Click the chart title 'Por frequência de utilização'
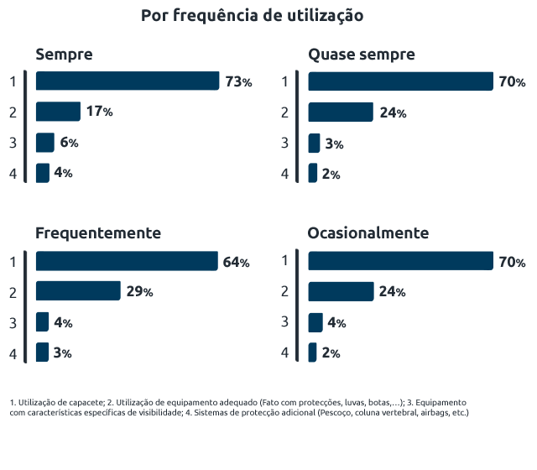(x=251, y=16)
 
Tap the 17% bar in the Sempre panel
(x=58, y=112)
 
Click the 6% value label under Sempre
(x=69, y=143)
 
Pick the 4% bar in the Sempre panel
(x=42, y=173)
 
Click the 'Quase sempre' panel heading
(x=361, y=55)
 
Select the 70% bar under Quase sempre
(x=400, y=81)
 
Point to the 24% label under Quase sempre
(x=392, y=112)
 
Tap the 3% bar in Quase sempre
(x=314, y=144)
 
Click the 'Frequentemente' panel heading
(x=98, y=232)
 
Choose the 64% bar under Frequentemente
(x=126, y=262)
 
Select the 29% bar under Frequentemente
(x=78, y=291)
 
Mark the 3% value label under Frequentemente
(x=62, y=353)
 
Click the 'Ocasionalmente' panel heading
(x=368, y=232)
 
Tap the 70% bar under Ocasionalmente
(x=400, y=262)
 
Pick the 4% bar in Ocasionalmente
(x=315, y=322)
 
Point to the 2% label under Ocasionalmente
(x=330, y=353)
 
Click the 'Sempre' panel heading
(x=64, y=55)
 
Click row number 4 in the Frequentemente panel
(x=13, y=353)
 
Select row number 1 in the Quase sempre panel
(x=285, y=81)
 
